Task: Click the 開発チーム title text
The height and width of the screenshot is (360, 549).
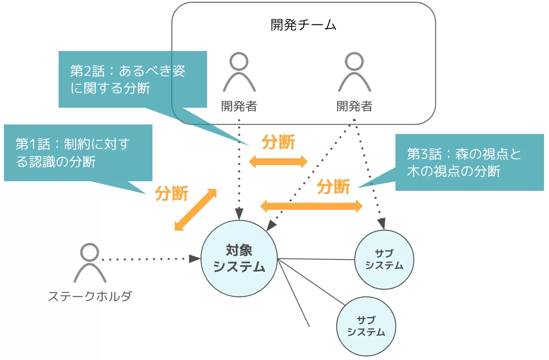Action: (303, 25)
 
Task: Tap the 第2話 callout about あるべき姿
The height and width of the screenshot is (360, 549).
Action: (131, 79)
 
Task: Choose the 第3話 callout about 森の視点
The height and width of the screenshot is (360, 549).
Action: (469, 162)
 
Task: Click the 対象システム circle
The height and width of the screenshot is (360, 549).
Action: (239, 259)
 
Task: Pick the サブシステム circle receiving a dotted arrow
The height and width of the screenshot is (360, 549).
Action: (384, 259)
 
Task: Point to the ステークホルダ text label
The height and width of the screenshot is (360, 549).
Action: (90, 296)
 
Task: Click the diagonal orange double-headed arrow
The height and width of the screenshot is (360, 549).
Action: (196, 210)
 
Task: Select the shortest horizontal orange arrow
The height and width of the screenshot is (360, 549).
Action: (278, 162)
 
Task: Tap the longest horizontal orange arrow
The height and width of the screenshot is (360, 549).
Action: (311, 206)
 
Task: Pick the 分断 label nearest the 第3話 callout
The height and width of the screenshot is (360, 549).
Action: (333, 186)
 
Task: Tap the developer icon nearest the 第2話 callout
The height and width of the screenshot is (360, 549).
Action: (239, 72)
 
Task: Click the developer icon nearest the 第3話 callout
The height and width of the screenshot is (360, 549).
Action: (355, 72)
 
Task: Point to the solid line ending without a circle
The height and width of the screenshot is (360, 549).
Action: (294, 293)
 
